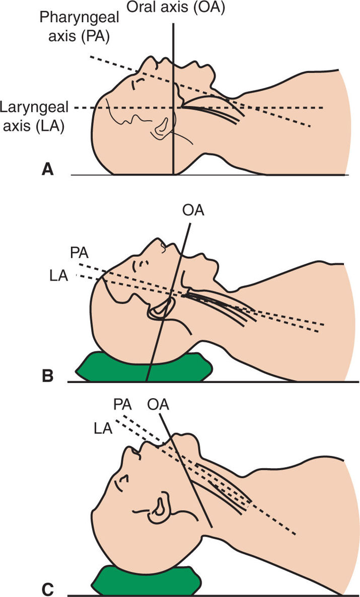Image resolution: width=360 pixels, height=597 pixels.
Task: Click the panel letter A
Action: (47, 170)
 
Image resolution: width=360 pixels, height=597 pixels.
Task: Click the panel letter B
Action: (47, 376)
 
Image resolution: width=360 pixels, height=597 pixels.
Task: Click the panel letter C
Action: (47, 587)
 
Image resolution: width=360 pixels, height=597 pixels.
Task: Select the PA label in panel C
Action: (123, 404)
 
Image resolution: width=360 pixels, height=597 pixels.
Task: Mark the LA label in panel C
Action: (104, 428)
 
